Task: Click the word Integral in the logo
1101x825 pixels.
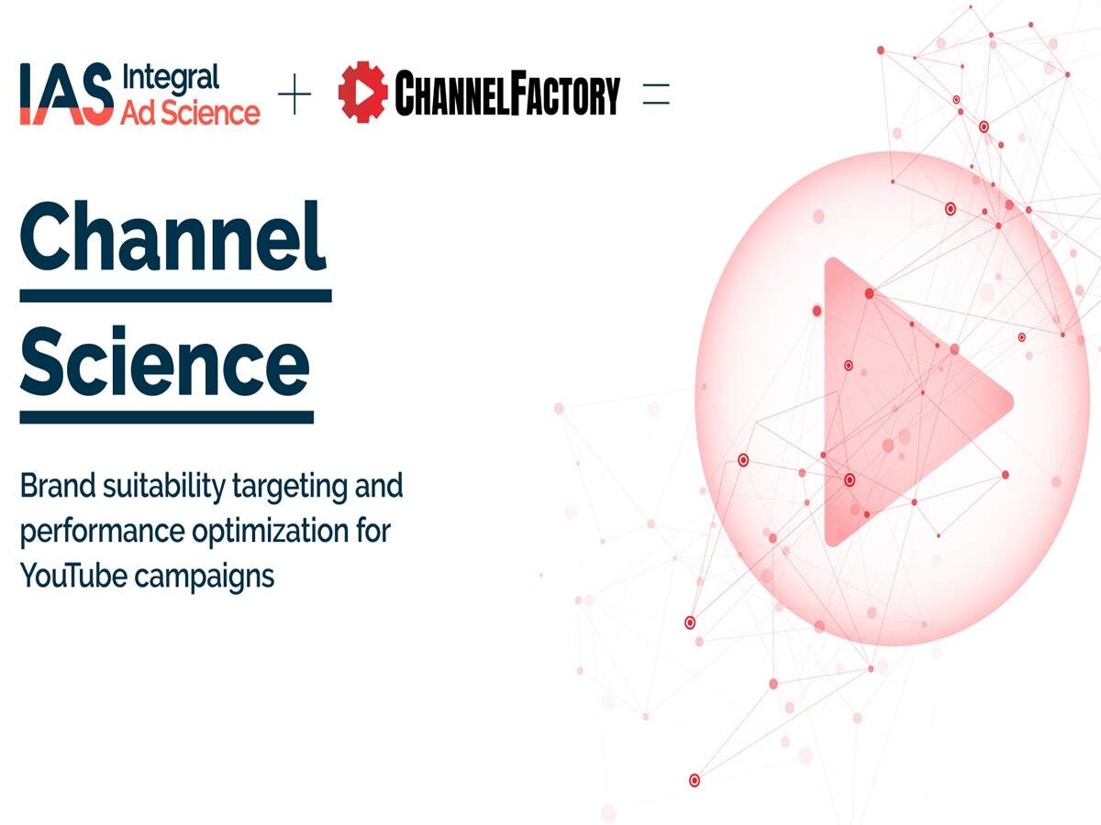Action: [x=170, y=77]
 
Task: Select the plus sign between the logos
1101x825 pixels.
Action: [x=295, y=94]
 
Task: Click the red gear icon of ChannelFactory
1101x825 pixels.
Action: [x=361, y=93]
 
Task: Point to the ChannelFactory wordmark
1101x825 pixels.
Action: [x=506, y=94]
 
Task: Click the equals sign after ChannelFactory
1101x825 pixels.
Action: [x=656, y=94]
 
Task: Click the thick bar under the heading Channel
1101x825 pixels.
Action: [x=175, y=295]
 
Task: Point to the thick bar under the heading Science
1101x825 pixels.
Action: [x=166, y=417]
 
